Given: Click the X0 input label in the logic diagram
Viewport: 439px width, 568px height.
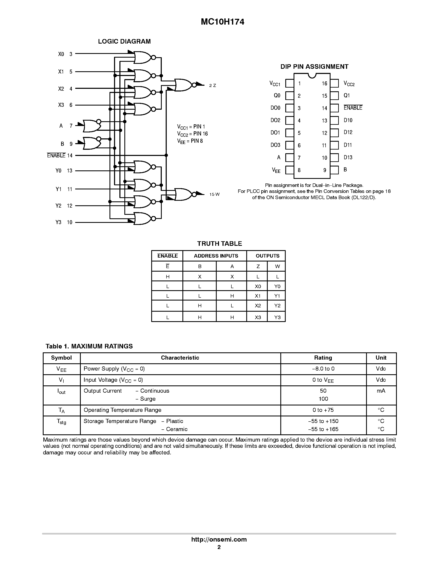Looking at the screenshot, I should click(x=61, y=54).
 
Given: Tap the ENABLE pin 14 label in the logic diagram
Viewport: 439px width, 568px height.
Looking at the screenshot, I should click(x=59, y=156).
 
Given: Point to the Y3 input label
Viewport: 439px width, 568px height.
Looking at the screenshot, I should click(x=58, y=222).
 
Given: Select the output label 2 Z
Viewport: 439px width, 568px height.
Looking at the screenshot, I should click(x=213, y=86).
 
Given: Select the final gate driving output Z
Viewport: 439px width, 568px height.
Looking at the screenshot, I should click(x=184, y=85).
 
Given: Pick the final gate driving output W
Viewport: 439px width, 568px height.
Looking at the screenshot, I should click(x=184, y=194).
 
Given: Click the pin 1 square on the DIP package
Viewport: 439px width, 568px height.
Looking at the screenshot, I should click(x=289, y=83).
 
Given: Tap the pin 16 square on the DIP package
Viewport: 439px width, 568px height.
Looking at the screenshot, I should click(x=334, y=83).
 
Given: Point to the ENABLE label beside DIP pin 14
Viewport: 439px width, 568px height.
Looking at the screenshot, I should click(x=353, y=108).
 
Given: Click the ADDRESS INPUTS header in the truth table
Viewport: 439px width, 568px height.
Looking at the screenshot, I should click(x=216, y=256).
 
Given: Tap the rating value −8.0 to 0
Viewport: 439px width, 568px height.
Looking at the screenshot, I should click(x=323, y=369).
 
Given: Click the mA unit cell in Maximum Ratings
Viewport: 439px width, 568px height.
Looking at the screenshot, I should click(x=381, y=391).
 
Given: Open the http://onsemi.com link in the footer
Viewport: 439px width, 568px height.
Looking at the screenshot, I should click(x=219, y=539).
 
